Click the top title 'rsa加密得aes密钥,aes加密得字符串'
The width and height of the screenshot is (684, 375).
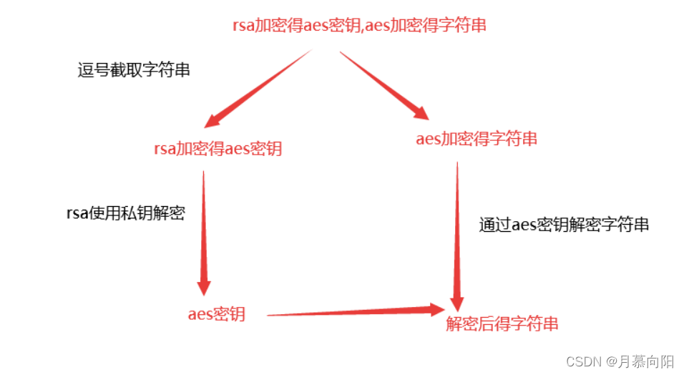click(x=360, y=25)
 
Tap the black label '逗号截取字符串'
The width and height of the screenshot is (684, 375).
click(x=134, y=70)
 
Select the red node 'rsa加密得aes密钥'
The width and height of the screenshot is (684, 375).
click(x=218, y=149)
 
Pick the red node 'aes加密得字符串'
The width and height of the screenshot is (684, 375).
click(x=476, y=139)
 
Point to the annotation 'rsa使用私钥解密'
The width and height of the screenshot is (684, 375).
click(x=125, y=213)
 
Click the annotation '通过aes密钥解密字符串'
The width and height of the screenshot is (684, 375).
click(x=564, y=225)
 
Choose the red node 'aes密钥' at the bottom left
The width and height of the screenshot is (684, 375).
click(x=216, y=314)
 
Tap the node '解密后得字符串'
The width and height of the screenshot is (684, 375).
click(x=502, y=323)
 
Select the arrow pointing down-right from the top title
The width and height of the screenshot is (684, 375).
click(x=383, y=83)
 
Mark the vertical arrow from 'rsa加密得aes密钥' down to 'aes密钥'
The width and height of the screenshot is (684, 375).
click(x=204, y=229)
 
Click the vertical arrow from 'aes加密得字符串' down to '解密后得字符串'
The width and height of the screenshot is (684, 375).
click(x=456, y=229)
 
